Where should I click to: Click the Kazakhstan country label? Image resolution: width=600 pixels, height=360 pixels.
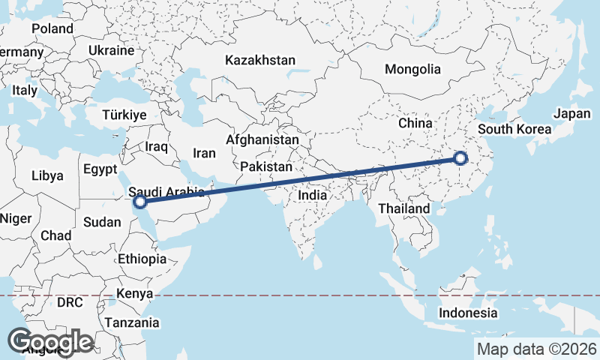(x=260, y=60)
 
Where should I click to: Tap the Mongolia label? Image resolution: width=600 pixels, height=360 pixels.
(x=412, y=70)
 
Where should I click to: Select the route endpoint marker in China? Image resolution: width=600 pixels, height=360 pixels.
(x=460, y=158)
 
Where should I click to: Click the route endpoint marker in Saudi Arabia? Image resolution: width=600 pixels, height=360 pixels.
(x=139, y=201)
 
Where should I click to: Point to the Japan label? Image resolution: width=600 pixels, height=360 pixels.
(x=572, y=114)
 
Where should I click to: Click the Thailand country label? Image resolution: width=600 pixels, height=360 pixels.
(x=404, y=208)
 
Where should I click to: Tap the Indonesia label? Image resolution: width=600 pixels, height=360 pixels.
(x=468, y=313)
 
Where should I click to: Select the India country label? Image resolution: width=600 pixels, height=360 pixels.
(x=313, y=195)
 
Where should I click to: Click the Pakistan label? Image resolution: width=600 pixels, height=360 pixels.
(x=266, y=166)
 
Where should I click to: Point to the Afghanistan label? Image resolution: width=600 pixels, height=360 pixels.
(x=262, y=140)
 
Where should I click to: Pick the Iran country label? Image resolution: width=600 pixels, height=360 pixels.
(x=204, y=153)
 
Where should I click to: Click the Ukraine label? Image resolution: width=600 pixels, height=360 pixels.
(x=111, y=50)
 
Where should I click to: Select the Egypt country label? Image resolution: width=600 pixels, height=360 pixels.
(x=100, y=169)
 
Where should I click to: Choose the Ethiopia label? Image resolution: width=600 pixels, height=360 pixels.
(x=142, y=259)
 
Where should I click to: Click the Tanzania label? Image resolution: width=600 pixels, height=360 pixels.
(x=133, y=323)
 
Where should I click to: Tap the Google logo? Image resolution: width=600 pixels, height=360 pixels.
(x=50, y=342)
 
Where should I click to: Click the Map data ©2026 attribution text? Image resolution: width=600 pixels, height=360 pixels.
(x=536, y=349)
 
